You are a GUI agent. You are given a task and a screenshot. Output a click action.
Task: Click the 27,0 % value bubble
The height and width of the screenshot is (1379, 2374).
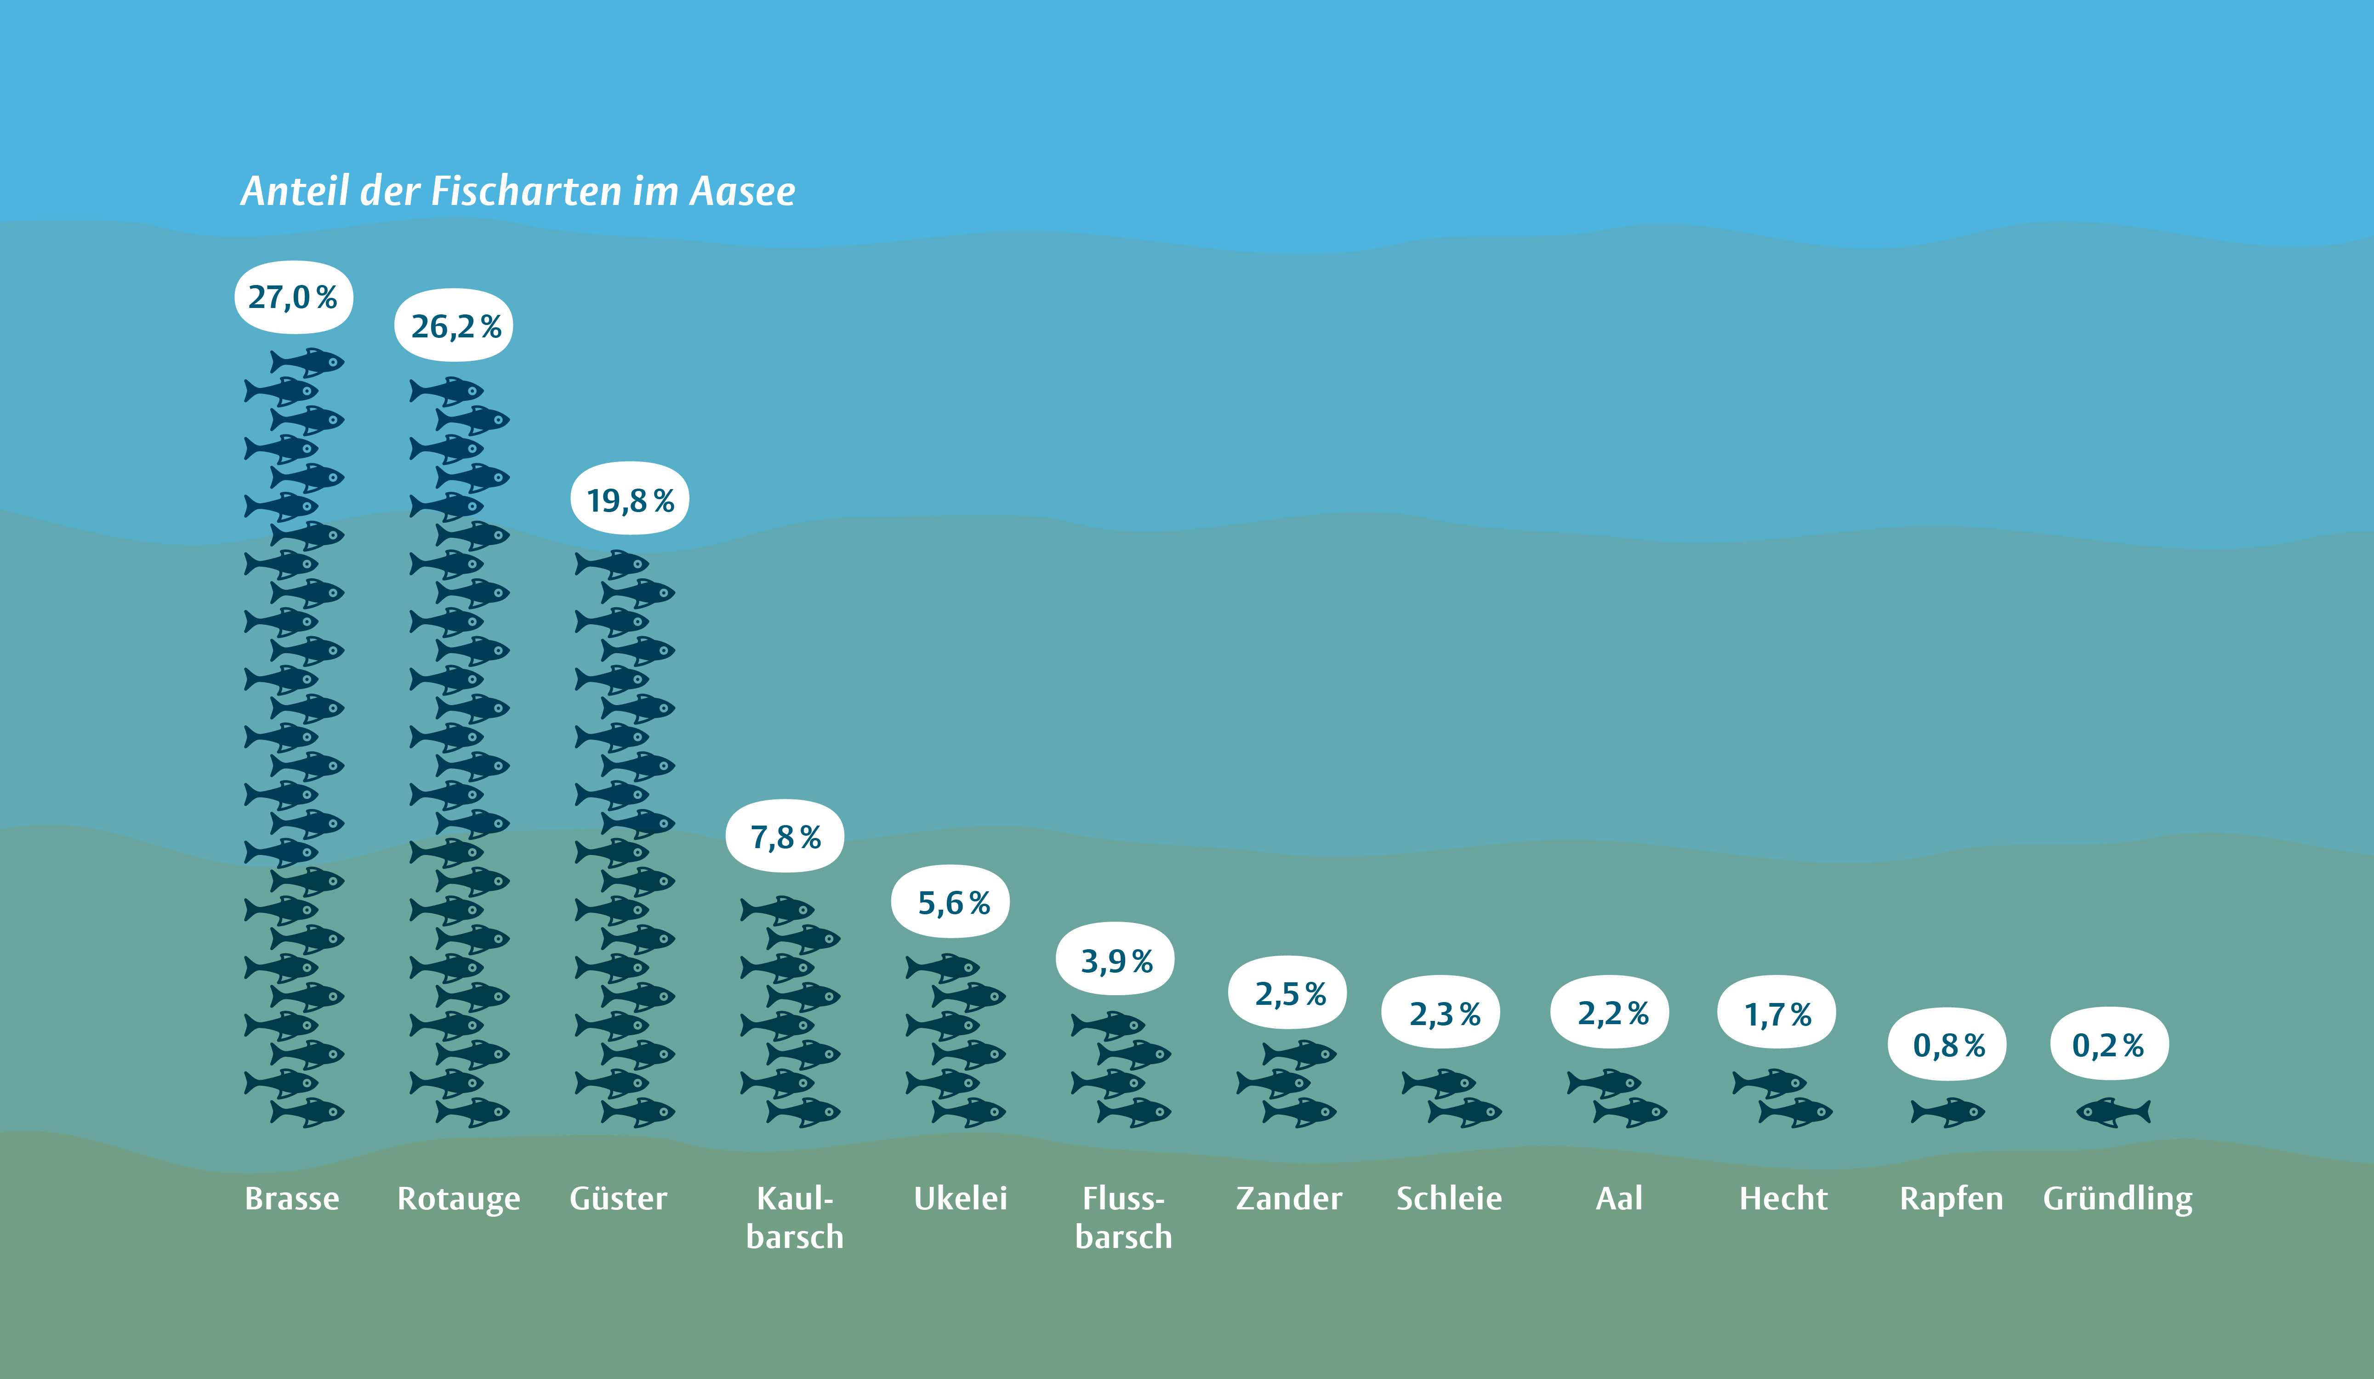pos(293,298)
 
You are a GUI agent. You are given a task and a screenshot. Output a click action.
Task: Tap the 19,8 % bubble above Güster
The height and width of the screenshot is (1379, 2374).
pos(629,499)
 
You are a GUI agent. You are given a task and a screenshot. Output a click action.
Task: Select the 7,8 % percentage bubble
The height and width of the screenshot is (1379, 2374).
pos(785,837)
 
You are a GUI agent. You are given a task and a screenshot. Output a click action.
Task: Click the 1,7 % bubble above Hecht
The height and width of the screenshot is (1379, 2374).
pos(1777,1014)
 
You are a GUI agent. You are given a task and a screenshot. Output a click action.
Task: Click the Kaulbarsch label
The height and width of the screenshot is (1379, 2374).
pos(794,1217)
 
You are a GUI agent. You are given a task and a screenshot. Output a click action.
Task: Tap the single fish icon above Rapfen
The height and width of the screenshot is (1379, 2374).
pos(1948,1112)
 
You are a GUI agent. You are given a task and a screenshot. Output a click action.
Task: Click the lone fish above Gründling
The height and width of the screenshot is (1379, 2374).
pos(2113,1112)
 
